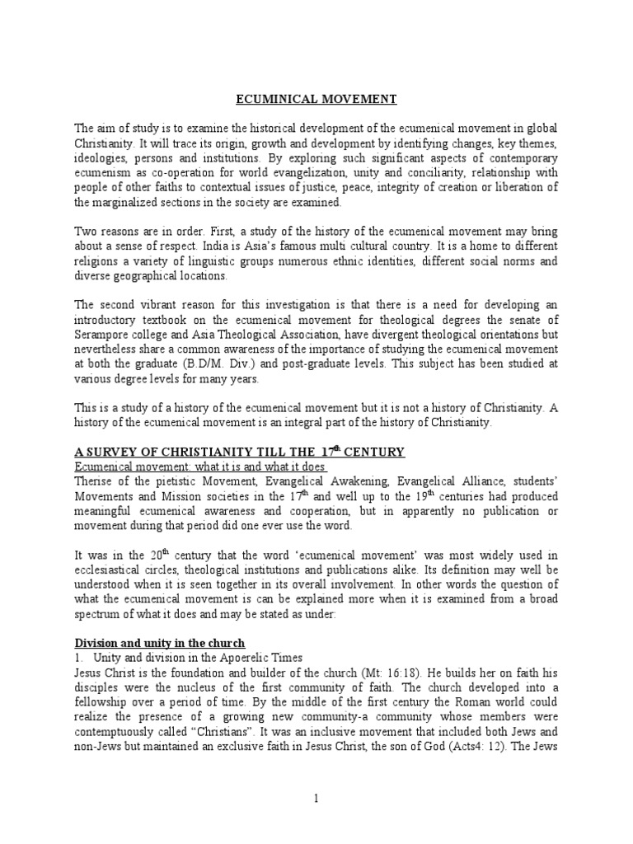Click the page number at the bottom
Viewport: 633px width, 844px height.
(316, 799)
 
